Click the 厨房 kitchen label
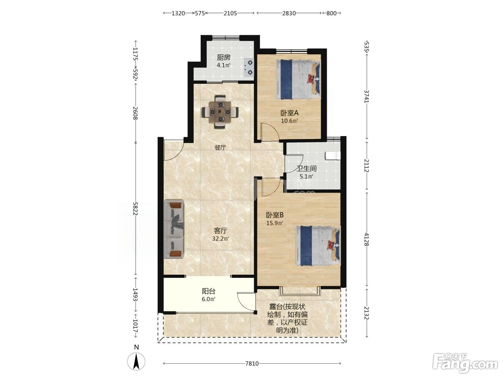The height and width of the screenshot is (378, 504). point(224,57)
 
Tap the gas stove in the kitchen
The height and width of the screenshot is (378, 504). point(249,67)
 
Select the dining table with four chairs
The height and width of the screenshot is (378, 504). point(220,112)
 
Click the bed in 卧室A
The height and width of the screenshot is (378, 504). point(298,80)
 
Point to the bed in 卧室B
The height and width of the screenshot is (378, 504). point(318,246)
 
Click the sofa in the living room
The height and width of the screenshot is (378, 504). point(174,229)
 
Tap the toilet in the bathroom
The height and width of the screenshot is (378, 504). point(333,156)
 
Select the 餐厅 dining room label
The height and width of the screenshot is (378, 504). point(220,147)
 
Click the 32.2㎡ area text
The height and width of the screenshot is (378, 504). point(220,239)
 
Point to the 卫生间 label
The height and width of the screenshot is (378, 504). point(306,168)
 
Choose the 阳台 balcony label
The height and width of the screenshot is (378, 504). point(208,291)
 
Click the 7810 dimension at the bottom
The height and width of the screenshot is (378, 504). point(252,363)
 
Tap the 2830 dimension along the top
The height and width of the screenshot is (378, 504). point(289,13)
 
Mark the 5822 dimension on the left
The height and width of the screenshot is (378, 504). point(135,209)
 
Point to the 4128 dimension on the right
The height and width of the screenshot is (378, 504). point(366,239)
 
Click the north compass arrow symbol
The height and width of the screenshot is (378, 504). point(136,361)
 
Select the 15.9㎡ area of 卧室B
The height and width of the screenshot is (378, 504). point(275,223)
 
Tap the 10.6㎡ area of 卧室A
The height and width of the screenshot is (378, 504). point(289,121)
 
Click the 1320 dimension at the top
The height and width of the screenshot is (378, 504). point(178,13)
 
